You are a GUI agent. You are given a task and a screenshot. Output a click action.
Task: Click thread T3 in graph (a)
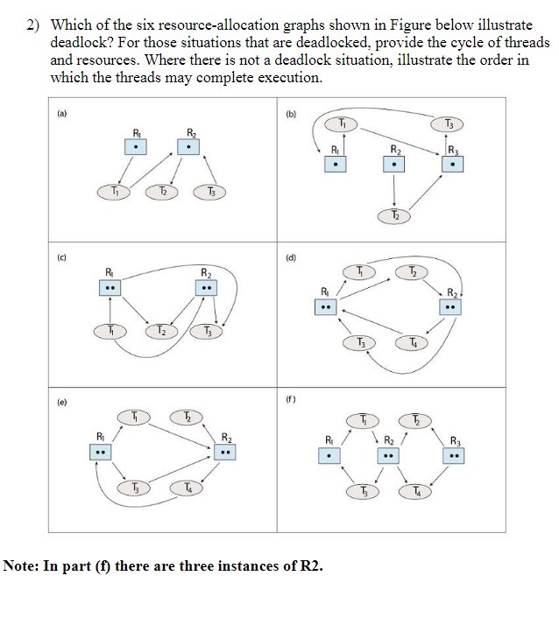(210, 191)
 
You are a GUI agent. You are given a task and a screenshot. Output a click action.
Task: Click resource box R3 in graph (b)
(451, 164)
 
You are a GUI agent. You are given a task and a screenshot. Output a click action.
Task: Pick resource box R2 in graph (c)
(207, 289)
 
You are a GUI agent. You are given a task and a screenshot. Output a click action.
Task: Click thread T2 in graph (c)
(160, 331)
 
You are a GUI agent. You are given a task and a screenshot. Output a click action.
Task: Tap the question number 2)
(32, 25)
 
